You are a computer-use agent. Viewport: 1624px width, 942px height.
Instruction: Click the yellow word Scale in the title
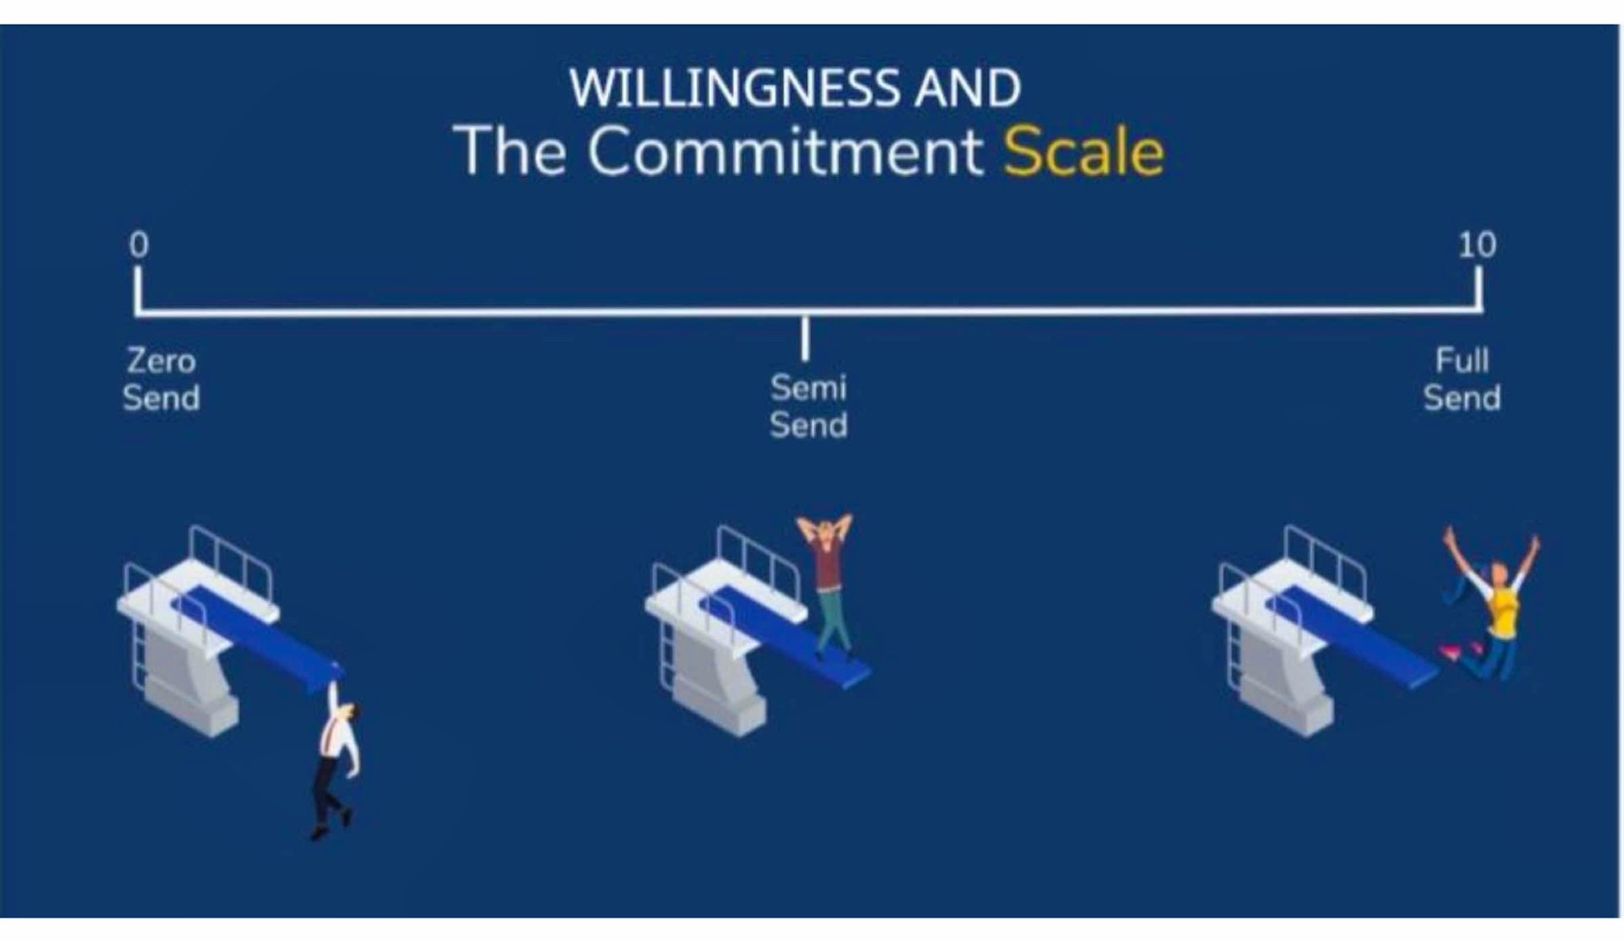(x=1084, y=151)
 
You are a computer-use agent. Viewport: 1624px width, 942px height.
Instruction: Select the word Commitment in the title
(x=785, y=151)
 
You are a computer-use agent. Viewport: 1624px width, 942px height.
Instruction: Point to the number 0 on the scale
(x=139, y=244)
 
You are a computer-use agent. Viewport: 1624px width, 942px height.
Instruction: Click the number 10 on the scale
(x=1477, y=244)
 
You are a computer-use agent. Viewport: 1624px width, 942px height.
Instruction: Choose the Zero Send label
(x=161, y=379)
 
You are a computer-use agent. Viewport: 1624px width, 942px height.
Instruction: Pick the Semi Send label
(x=808, y=406)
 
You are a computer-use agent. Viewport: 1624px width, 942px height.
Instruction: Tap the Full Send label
(x=1462, y=379)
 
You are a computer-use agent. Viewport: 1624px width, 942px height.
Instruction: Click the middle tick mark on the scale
(x=805, y=337)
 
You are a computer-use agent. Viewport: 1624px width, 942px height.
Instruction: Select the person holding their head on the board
(x=827, y=584)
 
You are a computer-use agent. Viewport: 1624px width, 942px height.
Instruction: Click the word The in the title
(x=509, y=151)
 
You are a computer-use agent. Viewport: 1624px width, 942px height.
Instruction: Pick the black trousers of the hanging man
(x=328, y=795)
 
